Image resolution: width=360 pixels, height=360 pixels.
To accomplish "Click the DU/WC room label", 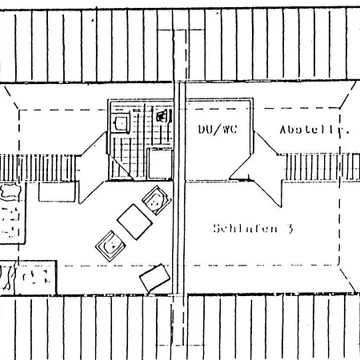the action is (218, 130).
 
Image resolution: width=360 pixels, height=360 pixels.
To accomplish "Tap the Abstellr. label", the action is (314, 130).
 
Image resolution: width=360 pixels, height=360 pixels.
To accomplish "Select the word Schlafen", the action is (246, 229).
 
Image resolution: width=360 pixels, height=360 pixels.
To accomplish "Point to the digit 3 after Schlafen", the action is (290, 229).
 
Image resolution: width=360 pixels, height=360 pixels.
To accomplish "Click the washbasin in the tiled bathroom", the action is (121, 123).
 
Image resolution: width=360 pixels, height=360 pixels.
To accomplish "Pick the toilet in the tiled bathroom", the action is (162, 116).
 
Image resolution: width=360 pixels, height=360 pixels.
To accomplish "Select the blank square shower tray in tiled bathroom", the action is (160, 164).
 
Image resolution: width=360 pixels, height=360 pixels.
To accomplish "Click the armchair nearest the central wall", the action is (157, 200).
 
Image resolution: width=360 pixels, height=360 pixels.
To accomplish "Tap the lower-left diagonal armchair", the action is (110, 246).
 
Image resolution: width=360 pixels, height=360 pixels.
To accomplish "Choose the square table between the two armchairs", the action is (134, 222).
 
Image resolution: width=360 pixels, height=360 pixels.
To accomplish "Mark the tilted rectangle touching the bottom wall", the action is (155, 278).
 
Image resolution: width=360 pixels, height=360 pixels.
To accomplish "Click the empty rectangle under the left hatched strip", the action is (57, 192).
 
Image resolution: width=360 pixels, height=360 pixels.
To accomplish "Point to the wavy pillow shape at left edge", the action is (10, 191).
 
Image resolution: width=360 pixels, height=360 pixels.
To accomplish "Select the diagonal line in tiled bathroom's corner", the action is (122, 168).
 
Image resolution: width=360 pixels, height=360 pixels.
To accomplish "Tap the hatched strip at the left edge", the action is (38, 168).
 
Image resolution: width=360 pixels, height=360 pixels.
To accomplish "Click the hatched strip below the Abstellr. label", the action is (322, 167).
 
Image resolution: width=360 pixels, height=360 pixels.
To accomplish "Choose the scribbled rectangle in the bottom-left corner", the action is (28, 278).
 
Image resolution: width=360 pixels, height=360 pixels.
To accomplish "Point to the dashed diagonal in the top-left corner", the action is (11, 98).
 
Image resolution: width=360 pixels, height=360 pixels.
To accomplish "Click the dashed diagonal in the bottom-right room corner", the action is (348, 280).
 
